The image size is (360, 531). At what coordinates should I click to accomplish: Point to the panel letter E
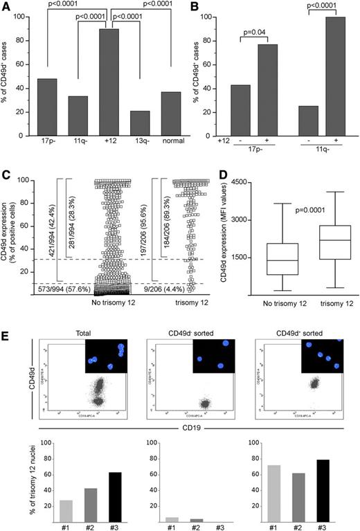pyautogui.click(x=8, y=332)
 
